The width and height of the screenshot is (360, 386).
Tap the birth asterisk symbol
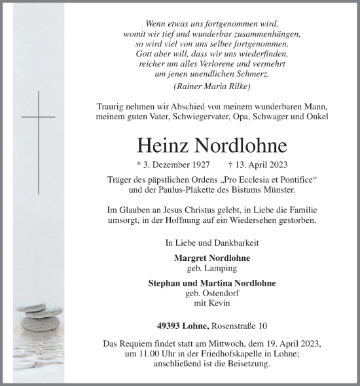pos(138,166)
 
